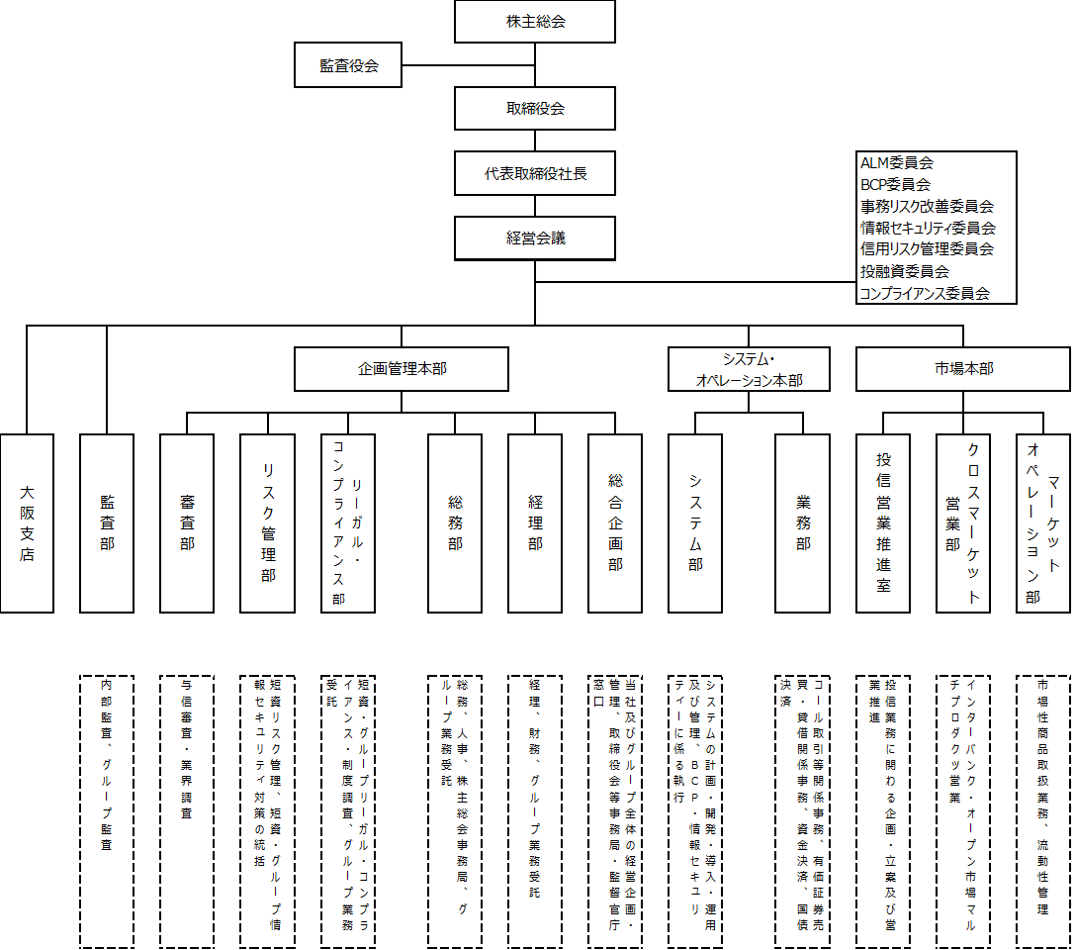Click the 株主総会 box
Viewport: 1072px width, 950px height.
535,22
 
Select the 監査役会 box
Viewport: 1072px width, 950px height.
348,65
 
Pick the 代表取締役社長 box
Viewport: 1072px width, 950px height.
535,173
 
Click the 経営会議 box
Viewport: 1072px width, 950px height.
535,237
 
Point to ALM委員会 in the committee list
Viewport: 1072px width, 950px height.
897,163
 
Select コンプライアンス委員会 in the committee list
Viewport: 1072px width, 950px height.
925,293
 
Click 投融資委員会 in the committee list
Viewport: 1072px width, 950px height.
905,271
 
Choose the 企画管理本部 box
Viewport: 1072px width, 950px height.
402,369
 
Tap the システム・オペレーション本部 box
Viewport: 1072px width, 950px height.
749,369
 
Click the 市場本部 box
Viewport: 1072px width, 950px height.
963,369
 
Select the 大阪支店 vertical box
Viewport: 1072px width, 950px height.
27,522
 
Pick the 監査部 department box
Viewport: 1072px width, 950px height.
107,522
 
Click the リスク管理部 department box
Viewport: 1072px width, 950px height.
267,522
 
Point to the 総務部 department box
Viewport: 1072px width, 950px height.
455,522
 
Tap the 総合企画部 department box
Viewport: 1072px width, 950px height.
615,522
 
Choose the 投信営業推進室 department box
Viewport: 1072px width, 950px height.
883,522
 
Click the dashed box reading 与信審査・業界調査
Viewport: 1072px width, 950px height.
187,811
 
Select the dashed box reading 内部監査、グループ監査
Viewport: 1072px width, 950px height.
107,811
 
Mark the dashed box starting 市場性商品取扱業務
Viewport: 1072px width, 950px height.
1043,811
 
